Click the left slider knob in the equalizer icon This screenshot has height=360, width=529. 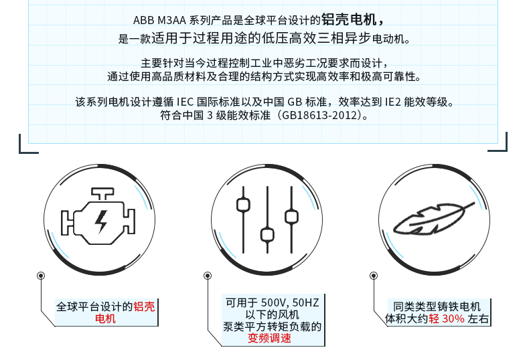click(x=243, y=203)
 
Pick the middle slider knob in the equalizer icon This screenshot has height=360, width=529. click(x=267, y=234)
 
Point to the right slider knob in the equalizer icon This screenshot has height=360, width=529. click(x=291, y=215)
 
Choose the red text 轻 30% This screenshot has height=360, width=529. click(x=447, y=319)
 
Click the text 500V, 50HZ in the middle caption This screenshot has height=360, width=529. click(x=291, y=302)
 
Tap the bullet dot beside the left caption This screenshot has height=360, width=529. click(x=41, y=275)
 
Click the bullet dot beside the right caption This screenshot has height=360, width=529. click(x=374, y=275)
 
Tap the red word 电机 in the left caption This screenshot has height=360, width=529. click(x=105, y=319)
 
